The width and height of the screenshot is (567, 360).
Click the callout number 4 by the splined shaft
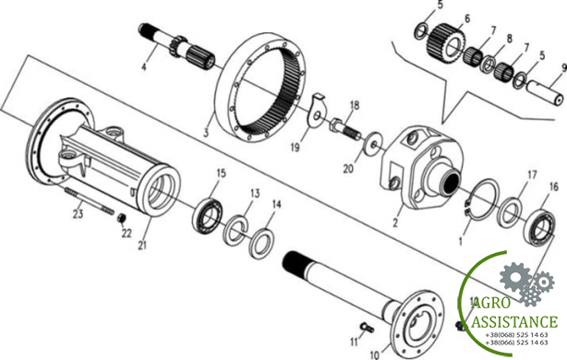click(x=144, y=66)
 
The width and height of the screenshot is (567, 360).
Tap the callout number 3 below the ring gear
click(x=206, y=132)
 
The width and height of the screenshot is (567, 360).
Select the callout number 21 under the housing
click(x=142, y=245)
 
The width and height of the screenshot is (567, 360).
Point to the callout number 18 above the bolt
click(x=355, y=105)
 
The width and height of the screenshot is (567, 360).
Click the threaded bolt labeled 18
click(x=344, y=128)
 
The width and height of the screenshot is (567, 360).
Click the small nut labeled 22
click(x=122, y=218)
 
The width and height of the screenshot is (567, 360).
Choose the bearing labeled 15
click(x=207, y=216)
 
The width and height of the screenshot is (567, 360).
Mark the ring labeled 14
click(x=262, y=244)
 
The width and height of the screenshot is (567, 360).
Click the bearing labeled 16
click(x=539, y=228)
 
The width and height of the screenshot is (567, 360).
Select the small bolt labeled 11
click(x=367, y=328)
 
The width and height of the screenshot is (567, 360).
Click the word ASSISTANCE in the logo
click(x=514, y=321)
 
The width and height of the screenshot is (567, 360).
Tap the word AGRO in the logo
click(x=491, y=304)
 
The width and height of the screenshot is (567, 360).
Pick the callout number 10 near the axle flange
click(x=375, y=354)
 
